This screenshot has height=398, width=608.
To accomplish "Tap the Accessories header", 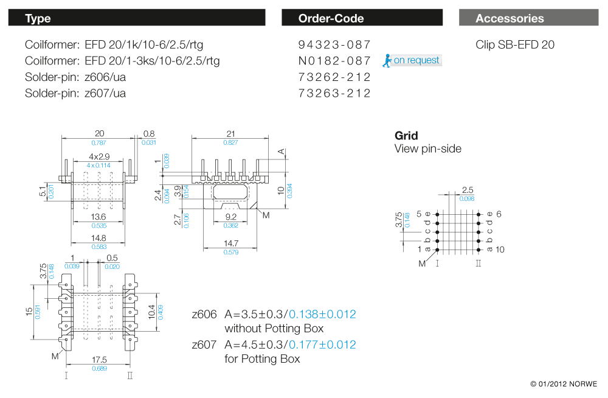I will pyautogui.click(x=528, y=18).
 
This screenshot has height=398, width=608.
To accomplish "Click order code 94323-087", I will pyautogui.click(x=334, y=45).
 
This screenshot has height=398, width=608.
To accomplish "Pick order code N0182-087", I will pyautogui.click(x=334, y=61).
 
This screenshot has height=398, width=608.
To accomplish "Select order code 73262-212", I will pyautogui.click(x=334, y=77).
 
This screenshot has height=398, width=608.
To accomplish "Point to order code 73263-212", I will pyautogui.click(x=334, y=93).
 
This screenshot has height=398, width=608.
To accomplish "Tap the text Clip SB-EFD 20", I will pyautogui.click(x=515, y=45).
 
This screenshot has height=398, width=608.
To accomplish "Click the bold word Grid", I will pyautogui.click(x=406, y=136).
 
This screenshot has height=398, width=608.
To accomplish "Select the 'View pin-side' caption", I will pyautogui.click(x=428, y=149).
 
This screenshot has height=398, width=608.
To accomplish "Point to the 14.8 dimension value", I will pyautogui.click(x=98, y=238).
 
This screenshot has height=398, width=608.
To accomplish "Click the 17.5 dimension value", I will pyautogui.click(x=98, y=360).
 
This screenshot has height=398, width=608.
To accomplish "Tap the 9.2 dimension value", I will pyautogui.click(x=230, y=217).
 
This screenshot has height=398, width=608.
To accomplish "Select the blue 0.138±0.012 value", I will pyautogui.click(x=322, y=315).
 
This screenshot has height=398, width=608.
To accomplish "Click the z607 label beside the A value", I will pyautogui.click(x=204, y=345).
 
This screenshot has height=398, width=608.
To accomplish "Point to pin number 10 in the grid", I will pyautogui.click(x=500, y=250).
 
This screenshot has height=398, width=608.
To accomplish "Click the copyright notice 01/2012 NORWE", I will pyautogui.click(x=564, y=384).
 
